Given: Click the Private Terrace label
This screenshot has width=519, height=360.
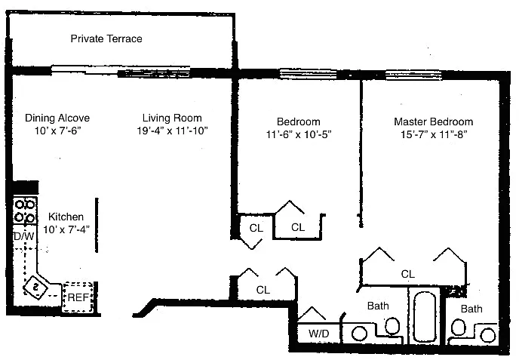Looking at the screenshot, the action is pos(106,38).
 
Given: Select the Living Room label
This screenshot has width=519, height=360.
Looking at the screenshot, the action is pos(172,118).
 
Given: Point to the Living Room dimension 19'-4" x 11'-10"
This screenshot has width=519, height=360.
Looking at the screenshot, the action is pos(173,131).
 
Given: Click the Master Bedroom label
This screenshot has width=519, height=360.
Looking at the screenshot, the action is pos(433,122).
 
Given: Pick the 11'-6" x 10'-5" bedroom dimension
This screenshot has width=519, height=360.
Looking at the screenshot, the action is pos(299,134).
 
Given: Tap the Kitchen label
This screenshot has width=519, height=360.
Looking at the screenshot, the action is pos(66,217).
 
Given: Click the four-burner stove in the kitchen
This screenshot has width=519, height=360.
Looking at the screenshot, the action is pos(25,211).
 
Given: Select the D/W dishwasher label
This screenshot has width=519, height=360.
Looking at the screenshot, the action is pos(24,236).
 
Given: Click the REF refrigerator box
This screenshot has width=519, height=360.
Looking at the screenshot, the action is pos(78,297).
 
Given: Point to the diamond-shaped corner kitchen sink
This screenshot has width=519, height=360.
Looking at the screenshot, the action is pos(36,287).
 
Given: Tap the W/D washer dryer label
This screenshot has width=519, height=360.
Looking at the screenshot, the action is pos(319,333).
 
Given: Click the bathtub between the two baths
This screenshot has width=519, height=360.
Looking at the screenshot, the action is pos(425,316).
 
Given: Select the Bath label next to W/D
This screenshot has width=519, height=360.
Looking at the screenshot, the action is pos(378,306).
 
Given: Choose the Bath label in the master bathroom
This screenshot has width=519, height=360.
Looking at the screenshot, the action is pos(471,309).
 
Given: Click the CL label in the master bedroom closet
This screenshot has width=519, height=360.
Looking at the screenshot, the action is pos(408,274).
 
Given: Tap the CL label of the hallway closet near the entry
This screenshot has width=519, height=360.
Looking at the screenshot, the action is pos(263,290).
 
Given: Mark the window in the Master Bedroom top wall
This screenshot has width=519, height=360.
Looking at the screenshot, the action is pos(413,75).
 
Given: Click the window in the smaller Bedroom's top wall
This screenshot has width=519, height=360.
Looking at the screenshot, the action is pos(308,74).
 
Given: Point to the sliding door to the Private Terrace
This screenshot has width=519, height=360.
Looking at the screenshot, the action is pos(121,71).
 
